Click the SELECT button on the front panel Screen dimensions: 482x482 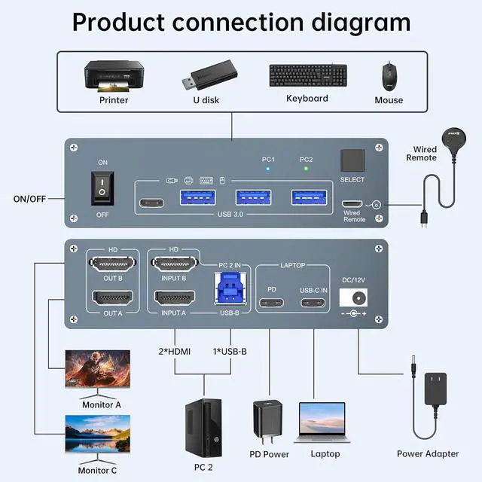(x=352, y=160)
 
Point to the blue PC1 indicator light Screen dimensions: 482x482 (x=268, y=169)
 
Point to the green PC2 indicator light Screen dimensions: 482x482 (x=305, y=169)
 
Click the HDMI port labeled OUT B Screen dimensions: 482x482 (x=113, y=265)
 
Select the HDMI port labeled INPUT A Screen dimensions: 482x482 (x=174, y=297)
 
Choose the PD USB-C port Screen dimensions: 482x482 (x=272, y=304)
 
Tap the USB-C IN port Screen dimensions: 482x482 (x=313, y=304)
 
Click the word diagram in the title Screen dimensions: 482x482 (x=349, y=22)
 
